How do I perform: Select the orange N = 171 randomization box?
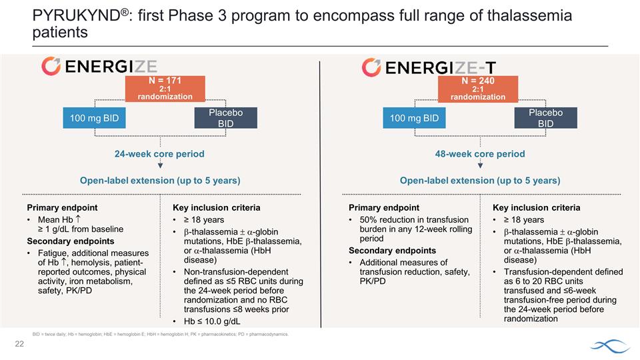[x=159, y=89]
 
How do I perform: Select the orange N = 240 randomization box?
[x=477, y=89]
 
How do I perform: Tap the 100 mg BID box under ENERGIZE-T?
[x=414, y=118]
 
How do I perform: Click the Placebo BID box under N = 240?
[x=545, y=118]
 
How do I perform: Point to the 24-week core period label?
[x=159, y=154]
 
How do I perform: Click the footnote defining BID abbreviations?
[x=160, y=333]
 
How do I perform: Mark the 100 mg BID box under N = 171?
[x=95, y=118]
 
